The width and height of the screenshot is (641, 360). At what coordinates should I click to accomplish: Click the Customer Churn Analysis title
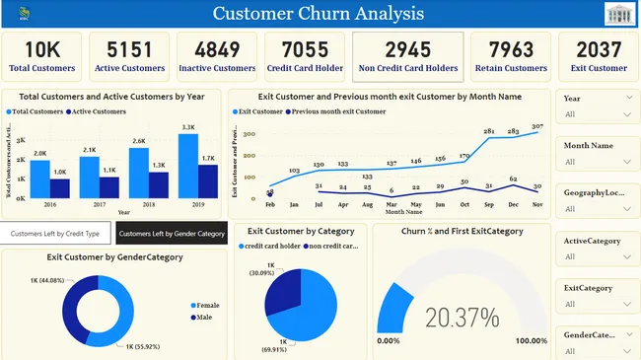click(319, 14)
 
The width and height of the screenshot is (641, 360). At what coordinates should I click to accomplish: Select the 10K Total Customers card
click(41, 57)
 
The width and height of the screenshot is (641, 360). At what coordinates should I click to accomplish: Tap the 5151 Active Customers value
click(129, 49)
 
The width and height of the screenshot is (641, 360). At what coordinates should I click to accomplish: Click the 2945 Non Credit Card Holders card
click(407, 57)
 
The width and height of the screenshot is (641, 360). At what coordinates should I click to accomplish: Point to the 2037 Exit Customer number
click(599, 49)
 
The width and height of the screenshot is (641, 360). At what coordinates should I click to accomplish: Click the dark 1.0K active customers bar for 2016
click(59, 187)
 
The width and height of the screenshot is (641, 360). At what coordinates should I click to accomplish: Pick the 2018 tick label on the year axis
click(149, 205)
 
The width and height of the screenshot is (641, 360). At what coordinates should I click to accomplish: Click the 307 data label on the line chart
click(536, 126)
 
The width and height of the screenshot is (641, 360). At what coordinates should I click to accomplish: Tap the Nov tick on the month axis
click(536, 204)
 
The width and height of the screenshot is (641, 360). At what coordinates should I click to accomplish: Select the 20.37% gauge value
click(462, 317)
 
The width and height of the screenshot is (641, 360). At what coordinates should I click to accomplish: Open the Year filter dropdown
click(598, 114)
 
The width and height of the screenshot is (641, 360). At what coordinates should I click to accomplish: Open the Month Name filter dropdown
click(598, 162)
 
